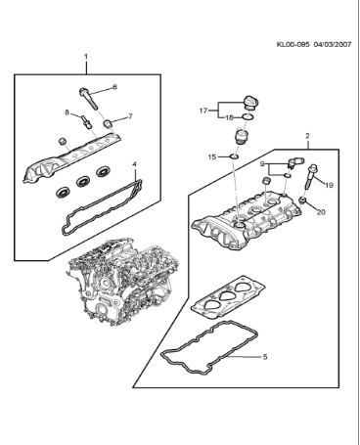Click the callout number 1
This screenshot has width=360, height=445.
point(86,57)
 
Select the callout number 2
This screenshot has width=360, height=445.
point(307,135)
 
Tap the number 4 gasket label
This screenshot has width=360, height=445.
point(135,163)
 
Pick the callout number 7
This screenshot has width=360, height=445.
point(130,116)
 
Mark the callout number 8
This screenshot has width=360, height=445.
point(67,113)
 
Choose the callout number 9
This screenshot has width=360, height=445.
point(263,165)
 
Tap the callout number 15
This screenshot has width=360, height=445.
point(211,156)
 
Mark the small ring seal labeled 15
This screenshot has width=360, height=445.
point(236,156)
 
